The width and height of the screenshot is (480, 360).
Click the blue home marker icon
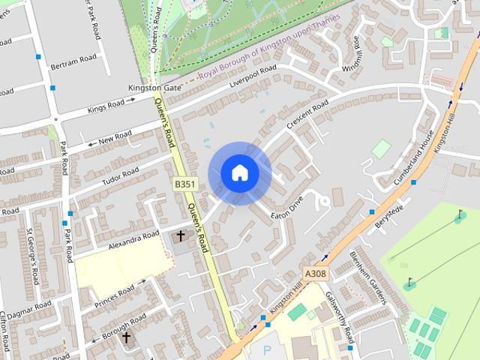tap(239, 172)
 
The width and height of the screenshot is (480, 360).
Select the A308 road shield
tap(316, 274)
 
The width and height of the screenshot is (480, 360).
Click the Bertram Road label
tap(73, 58)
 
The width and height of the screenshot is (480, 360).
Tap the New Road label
tap(115, 136)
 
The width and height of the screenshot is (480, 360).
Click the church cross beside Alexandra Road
tap(180, 237)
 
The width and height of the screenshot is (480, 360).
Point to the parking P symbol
tap(266, 350)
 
